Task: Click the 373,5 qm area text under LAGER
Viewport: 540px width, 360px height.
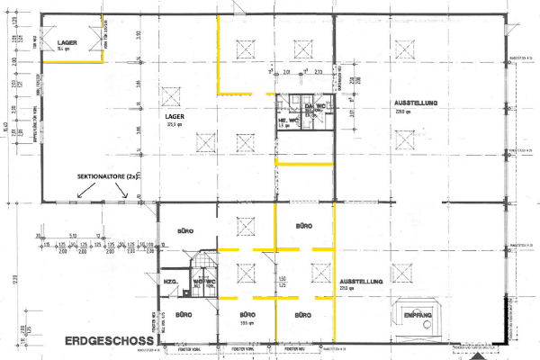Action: click(x=175, y=125)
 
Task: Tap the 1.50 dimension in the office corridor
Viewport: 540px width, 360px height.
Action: click(x=281, y=279)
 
